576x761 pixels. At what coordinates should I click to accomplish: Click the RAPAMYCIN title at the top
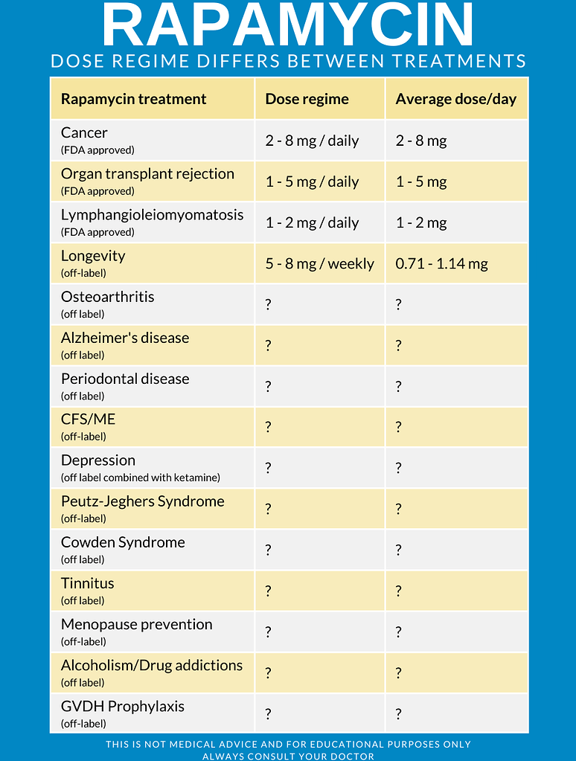288,25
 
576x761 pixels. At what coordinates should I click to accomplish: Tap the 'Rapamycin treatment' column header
134,99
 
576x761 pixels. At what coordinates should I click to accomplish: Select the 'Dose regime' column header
307,99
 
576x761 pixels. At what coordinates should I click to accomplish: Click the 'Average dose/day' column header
455,99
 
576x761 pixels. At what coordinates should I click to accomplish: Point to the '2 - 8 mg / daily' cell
312,141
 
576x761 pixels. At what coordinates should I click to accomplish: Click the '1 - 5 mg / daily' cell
312,182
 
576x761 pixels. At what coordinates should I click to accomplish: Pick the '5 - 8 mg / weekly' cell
319,263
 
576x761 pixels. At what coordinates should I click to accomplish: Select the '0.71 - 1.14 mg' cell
441,263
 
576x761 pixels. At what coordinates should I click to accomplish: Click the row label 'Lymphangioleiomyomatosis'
152,215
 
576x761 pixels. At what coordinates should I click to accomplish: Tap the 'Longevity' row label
93,256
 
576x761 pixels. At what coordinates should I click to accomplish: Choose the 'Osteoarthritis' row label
107,297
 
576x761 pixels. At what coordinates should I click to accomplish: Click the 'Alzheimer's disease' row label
125,338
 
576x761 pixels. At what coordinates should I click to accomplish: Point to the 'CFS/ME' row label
88,420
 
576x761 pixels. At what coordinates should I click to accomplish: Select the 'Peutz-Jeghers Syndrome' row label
142,501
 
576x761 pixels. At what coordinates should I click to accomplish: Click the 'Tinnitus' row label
87,583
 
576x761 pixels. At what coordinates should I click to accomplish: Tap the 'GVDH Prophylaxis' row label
122,706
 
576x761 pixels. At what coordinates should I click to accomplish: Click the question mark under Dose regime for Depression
269,468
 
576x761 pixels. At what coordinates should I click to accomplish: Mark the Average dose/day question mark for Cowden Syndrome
399,550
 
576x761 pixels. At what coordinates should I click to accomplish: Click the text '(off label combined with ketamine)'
141,478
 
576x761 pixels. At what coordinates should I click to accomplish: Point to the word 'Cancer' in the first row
84,133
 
